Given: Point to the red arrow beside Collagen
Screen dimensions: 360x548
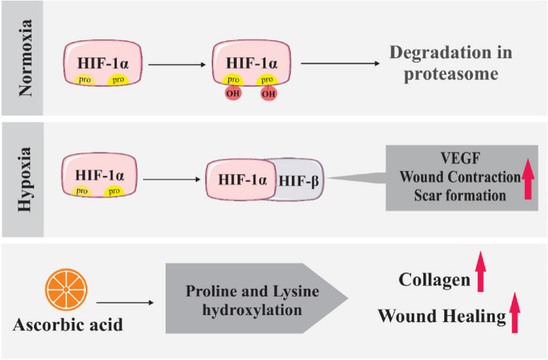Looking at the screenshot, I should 480,272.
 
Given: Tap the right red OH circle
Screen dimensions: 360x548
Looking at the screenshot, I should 269,94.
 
